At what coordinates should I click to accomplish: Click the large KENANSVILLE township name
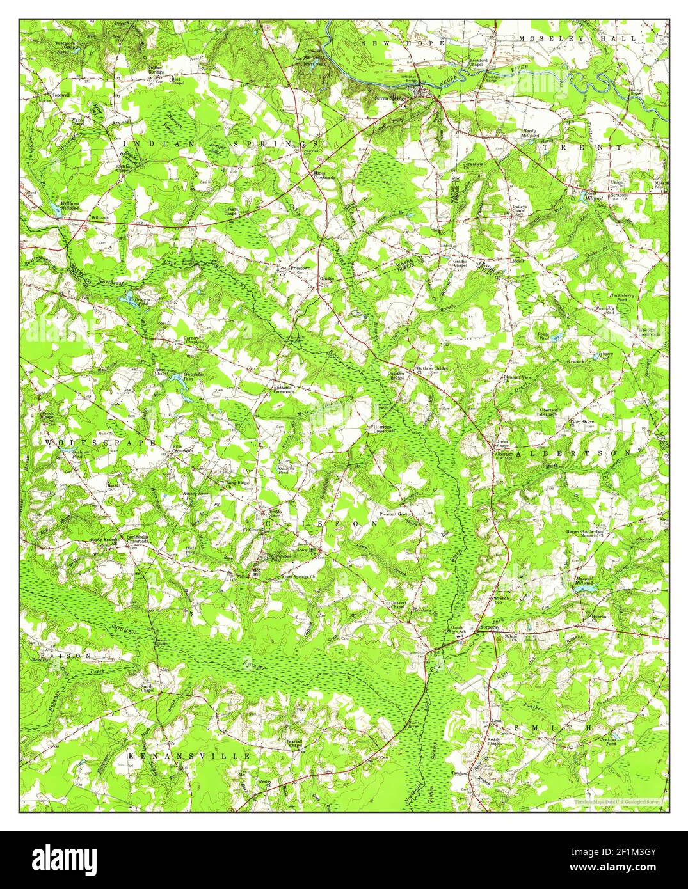click(189, 756)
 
